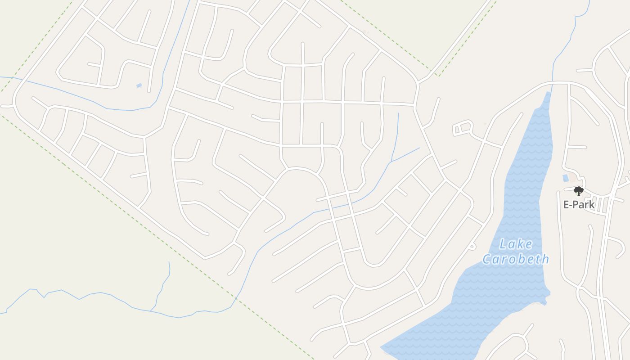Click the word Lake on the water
pos(516,244)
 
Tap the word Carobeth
pos(516,259)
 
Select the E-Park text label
pos(579,205)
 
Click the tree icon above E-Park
pos(579,191)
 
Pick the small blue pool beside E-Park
pos(565,178)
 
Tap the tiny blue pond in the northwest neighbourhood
pos(139,85)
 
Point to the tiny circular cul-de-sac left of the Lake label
pos(472,246)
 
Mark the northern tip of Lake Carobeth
pos(549,93)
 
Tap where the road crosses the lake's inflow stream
pos(553,83)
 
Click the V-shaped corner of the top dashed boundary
pos(436,75)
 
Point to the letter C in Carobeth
pos(487,259)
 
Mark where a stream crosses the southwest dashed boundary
pos(236,298)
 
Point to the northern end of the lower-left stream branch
pos(169,262)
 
